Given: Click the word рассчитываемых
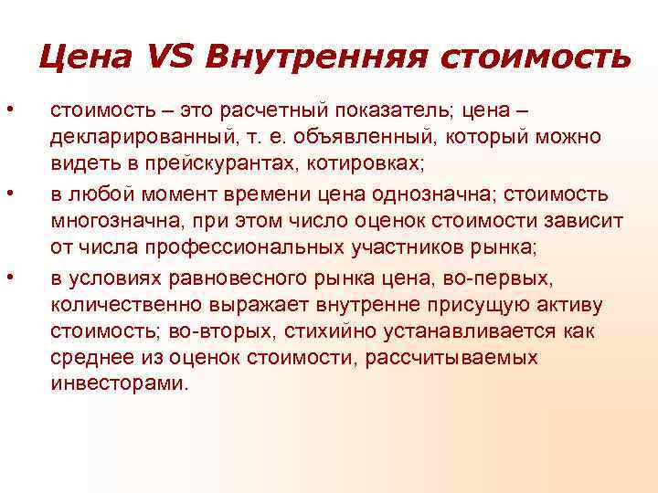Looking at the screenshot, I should [x=451, y=358].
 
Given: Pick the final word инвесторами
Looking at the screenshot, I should [x=119, y=384].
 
